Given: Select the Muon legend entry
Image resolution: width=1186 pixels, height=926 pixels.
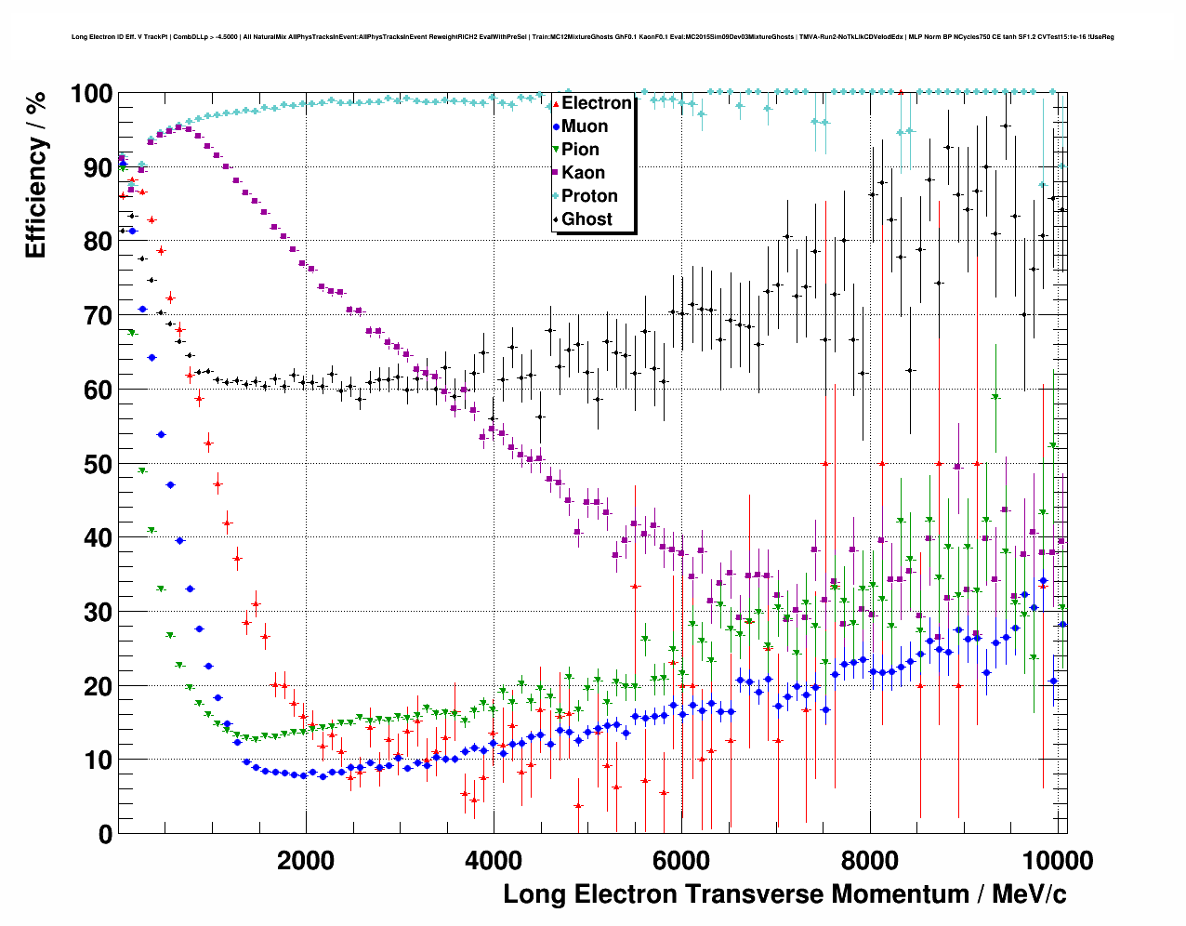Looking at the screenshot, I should pos(585,126).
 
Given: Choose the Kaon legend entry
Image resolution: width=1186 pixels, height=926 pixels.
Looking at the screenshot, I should pos(583,173).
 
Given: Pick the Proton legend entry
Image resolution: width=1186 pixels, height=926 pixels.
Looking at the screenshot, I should pos(589,196).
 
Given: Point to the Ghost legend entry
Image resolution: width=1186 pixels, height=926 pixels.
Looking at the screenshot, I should pos(586,219).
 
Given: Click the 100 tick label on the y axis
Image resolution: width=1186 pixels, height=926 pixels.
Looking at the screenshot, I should pos(91,94).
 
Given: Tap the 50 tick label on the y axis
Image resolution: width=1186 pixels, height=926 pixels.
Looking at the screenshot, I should pos(98,464).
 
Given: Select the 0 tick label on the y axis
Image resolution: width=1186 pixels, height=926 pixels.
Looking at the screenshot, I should pos(105,834).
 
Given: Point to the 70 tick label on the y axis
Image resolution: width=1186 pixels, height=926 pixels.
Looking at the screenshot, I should pos(98,316).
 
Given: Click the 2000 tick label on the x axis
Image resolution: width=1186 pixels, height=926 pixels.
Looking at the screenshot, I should pos(306,860).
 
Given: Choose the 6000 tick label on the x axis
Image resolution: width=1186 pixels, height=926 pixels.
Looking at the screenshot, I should pos(681,860).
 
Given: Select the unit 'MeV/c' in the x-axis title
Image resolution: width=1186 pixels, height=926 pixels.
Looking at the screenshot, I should pos(1029,894).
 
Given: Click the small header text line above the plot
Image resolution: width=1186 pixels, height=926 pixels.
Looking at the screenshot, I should pos(592,37).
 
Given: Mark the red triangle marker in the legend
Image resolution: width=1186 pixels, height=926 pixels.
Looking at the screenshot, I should pos(556,103).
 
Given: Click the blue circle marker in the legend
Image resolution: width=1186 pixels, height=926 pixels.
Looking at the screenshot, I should pos(556,126).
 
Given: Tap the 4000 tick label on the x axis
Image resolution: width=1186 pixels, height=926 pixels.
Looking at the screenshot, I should pos(494,860).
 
